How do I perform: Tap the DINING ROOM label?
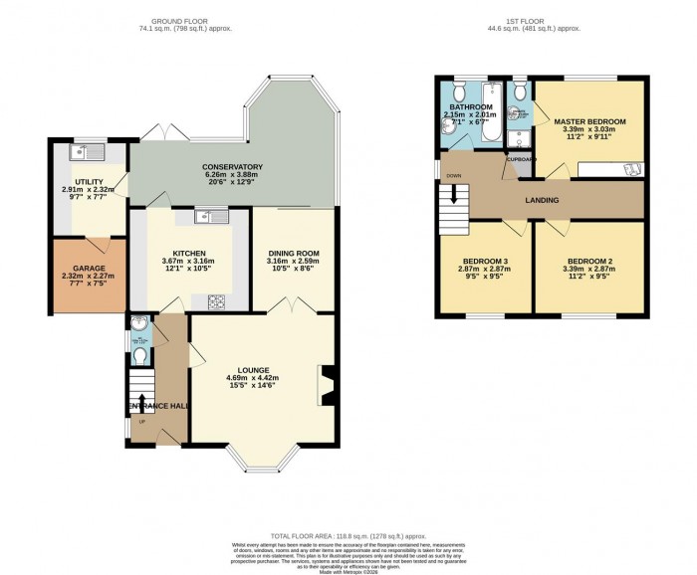[x=293, y=254]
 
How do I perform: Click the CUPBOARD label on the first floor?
[x=521, y=159]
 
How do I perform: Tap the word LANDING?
[x=542, y=201]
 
